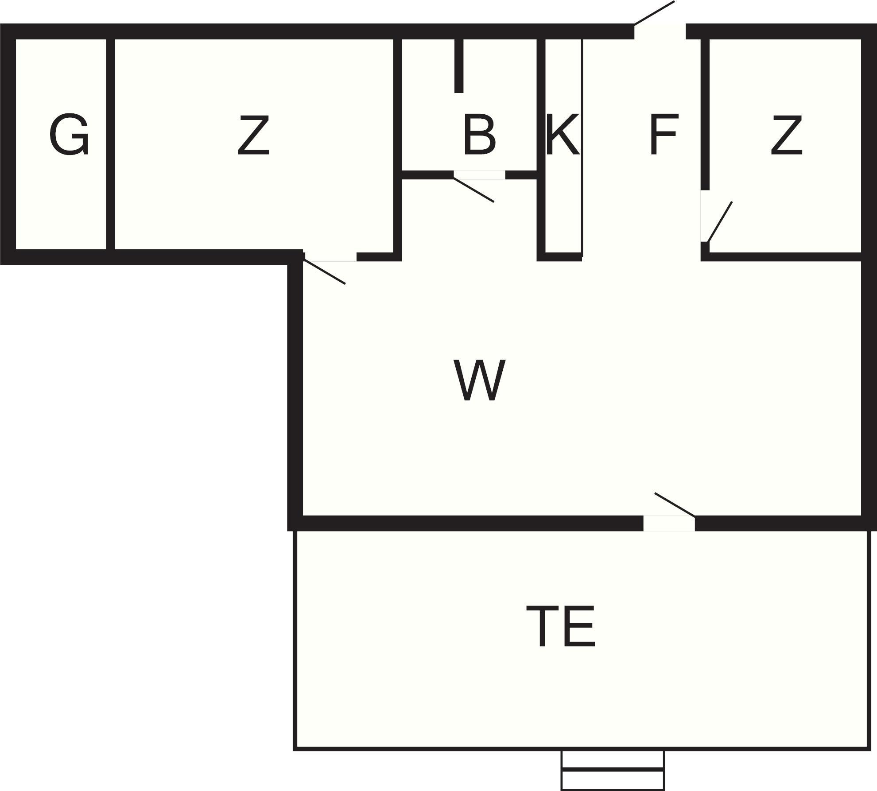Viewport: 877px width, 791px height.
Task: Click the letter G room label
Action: (x=69, y=135)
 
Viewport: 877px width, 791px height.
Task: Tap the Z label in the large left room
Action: (x=253, y=135)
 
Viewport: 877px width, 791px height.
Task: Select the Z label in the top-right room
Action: (x=786, y=135)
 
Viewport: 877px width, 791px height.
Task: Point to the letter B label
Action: (x=479, y=135)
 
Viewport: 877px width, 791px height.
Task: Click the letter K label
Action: (x=562, y=135)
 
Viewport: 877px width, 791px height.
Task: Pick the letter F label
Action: (x=664, y=135)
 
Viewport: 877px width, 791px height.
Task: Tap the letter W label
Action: (x=479, y=380)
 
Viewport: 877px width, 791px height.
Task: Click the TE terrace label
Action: (x=560, y=627)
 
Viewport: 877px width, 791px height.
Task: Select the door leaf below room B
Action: (x=473, y=190)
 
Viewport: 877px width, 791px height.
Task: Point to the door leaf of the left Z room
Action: (x=324, y=271)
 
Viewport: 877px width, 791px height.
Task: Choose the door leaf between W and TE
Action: (x=675, y=504)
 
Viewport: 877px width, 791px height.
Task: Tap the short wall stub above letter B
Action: (x=459, y=66)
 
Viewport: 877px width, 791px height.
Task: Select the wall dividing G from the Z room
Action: (x=111, y=144)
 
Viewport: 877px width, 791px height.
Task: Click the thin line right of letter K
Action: (x=582, y=146)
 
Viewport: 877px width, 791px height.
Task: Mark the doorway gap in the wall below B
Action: (x=479, y=175)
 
